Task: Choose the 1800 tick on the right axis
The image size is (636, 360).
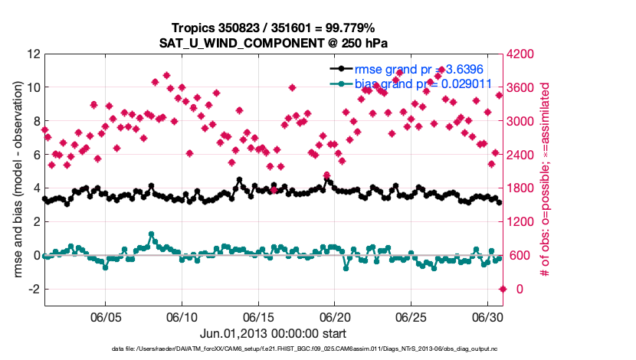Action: click(523, 188)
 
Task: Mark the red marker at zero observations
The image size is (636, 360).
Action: click(503, 289)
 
